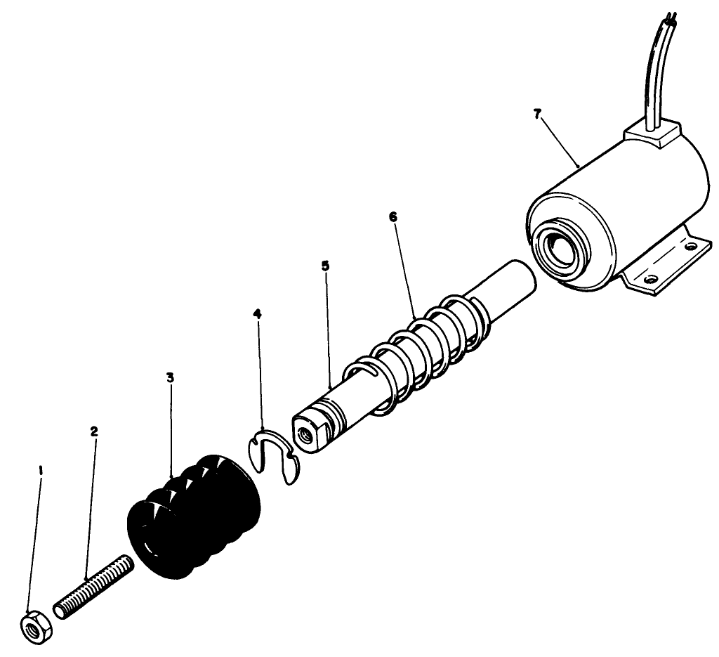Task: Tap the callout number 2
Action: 94,431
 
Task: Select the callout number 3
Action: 170,377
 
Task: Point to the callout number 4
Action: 258,313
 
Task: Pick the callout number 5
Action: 325,266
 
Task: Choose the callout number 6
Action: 393,217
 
